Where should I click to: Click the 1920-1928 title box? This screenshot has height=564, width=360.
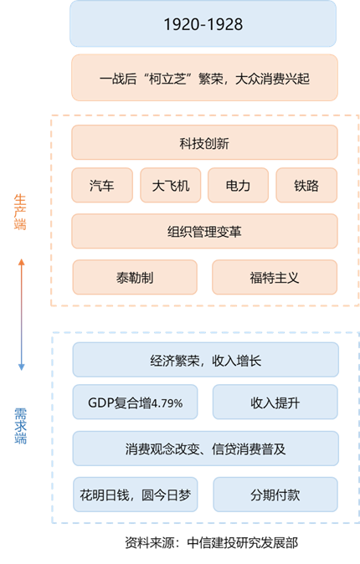click(x=203, y=23)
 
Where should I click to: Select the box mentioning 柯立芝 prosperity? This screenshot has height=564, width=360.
click(x=204, y=78)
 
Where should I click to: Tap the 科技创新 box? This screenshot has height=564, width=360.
click(x=204, y=142)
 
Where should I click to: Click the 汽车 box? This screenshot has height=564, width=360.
click(x=102, y=185)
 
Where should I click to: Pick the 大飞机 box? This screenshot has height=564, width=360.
click(x=170, y=185)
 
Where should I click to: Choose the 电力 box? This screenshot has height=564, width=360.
click(x=239, y=185)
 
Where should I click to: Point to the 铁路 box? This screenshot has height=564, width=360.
click(x=306, y=185)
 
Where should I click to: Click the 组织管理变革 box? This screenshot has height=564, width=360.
click(x=204, y=231)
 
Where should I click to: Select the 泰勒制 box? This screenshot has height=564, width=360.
click(x=135, y=277)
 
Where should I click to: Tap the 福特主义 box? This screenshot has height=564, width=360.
click(x=275, y=277)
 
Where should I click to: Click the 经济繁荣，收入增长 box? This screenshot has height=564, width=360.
click(x=206, y=360)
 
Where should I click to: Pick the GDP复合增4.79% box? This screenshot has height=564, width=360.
click(x=135, y=402)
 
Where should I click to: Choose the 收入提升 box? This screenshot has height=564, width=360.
click(x=275, y=402)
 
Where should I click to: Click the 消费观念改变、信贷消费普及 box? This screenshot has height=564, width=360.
click(x=206, y=449)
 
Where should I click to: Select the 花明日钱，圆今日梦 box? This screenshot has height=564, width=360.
click(x=136, y=495)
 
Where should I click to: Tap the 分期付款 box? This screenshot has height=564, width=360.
click(x=275, y=495)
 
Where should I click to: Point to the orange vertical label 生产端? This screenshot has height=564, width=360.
click(x=20, y=213)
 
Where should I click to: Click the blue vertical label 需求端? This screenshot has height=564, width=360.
click(x=20, y=426)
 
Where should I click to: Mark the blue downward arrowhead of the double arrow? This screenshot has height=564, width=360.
click(x=21, y=367)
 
